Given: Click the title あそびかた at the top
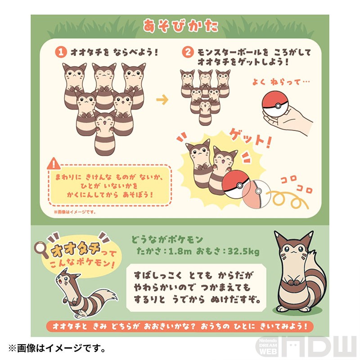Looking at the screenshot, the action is (180, 26).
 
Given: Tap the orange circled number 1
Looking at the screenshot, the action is (61, 52).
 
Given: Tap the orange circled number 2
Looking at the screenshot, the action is (188, 52).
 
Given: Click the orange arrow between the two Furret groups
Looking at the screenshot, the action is (162, 99).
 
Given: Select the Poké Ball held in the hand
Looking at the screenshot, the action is (275, 106).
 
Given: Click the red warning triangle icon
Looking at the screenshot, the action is (54, 164).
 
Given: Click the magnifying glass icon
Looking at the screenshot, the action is (41, 250).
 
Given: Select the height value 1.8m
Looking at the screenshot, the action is (180, 252).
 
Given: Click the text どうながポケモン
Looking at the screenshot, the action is (167, 240).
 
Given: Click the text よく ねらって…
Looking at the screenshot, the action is (281, 82).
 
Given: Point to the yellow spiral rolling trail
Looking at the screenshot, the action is (289, 200).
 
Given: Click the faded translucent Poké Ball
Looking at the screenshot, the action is (256, 194).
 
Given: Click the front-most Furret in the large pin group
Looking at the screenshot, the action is (104, 133).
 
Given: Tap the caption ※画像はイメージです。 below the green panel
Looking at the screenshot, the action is (57, 348).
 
